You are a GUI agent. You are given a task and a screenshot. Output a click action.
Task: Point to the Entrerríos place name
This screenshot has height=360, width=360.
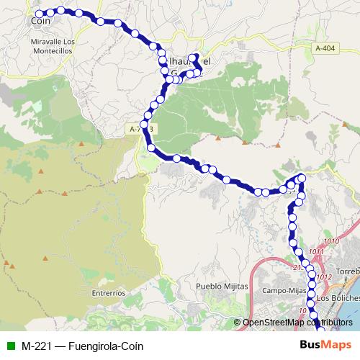pyautogui.click(x=109, y=293)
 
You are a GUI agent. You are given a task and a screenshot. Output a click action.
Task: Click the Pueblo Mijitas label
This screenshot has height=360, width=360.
pyautogui.click(x=222, y=286)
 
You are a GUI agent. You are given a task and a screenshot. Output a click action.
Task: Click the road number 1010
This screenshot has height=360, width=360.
pyautogui.click(x=332, y=241)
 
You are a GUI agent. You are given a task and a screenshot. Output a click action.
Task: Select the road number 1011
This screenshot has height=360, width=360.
pyautogui.click(x=316, y=251)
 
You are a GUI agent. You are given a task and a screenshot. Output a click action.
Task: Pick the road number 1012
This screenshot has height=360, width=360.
pyautogui.click(x=323, y=276)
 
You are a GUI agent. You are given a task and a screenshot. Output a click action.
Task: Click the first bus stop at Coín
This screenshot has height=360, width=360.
pyautogui.click(x=40, y=13)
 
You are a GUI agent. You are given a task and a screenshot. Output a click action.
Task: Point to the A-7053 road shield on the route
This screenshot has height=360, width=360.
pyautogui.click(x=143, y=128)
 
